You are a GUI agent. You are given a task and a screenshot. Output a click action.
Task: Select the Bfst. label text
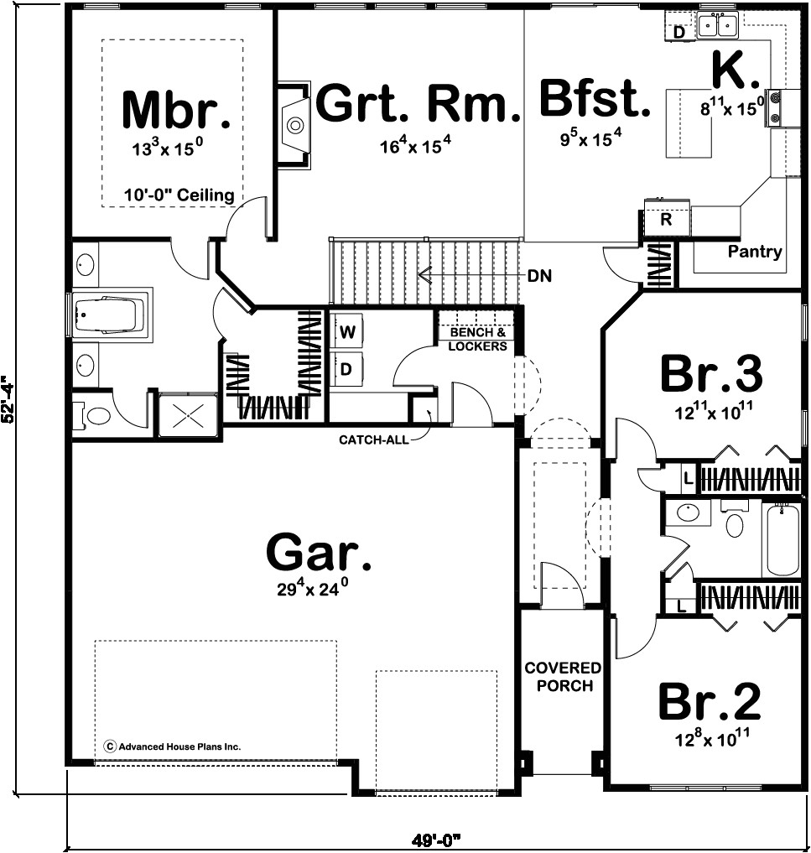tap(594, 99)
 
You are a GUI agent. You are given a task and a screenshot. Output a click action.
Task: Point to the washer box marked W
tap(347, 332)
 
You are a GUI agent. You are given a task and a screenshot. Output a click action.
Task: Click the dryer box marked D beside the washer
tap(347, 367)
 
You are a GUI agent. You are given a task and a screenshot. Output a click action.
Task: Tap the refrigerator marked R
tap(666, 220)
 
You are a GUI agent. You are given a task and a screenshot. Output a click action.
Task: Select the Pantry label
tap(754, 252)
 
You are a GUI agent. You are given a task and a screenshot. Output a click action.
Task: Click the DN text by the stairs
tap(539, 275)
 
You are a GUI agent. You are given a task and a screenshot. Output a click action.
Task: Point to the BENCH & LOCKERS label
tap(477, 340)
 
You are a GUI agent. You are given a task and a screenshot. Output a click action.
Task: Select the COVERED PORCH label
tap(563, 677)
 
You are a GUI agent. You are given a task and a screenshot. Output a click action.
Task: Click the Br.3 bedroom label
tap(710, 374)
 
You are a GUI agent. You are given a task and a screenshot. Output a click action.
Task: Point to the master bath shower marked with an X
tap(190, 415)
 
